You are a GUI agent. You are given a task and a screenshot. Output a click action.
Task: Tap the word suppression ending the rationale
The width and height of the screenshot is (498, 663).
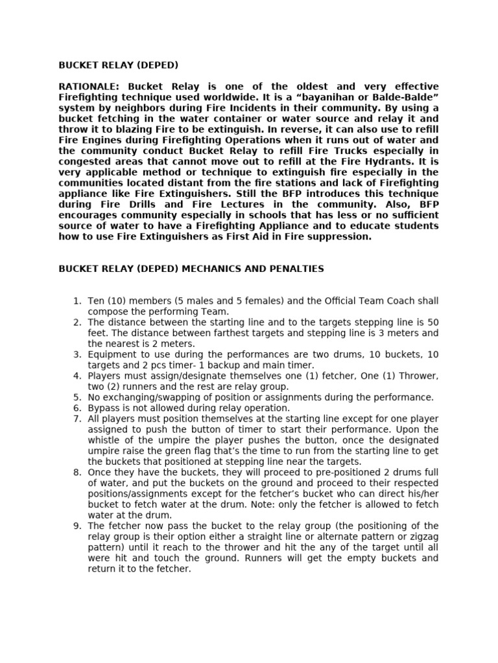pos(338,236)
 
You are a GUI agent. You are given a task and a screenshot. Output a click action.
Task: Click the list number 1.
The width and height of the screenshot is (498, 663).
pos(77,301)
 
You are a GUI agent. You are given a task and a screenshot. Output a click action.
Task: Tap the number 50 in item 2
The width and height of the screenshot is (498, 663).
pos(432,322)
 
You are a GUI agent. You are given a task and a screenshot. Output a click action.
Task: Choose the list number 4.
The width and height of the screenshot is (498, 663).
pos(77,376)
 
